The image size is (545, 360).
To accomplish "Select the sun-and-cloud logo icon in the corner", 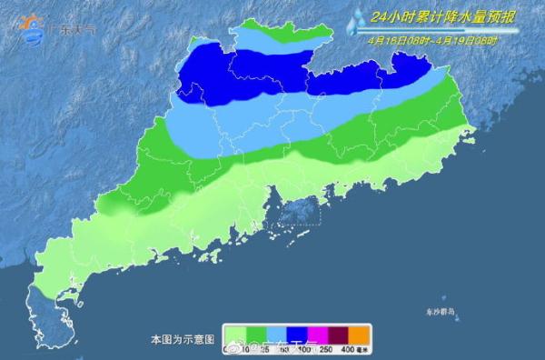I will tap(35, 30).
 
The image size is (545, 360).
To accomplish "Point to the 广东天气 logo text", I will tap(78, 29).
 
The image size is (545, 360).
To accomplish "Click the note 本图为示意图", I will tap(183, 338).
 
